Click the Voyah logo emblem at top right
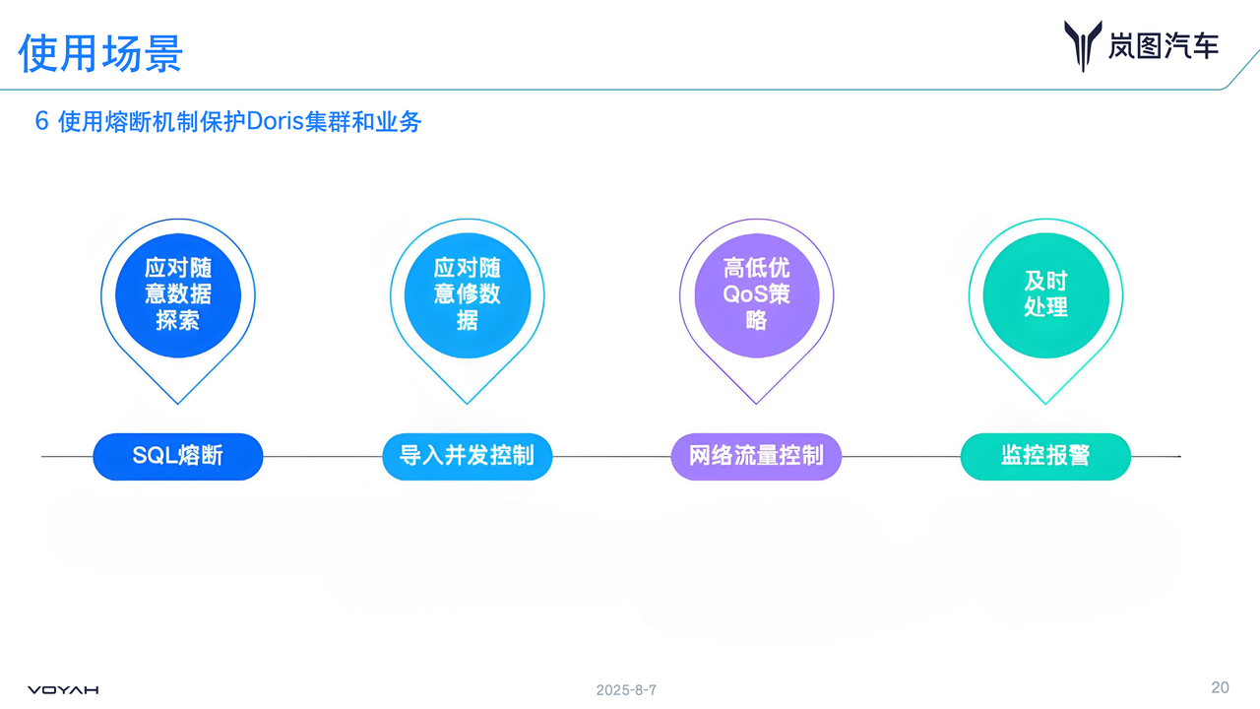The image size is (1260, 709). coord(1082,45)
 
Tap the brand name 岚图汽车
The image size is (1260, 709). coord(1163,45)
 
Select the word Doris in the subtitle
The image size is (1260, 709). coord(273,122)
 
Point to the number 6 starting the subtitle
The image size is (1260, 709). coord(41,122)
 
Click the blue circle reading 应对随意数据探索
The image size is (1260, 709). coord(178,293)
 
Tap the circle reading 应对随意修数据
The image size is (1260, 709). coord(468,293)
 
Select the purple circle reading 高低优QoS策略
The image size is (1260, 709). coord(756,293)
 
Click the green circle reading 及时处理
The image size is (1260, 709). coord(1045,293)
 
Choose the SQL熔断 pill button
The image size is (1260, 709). coord(178,456)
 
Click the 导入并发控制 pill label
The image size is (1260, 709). coord(468,456)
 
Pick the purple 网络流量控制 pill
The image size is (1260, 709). coord(756,456)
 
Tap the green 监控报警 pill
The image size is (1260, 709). coord(1045,456)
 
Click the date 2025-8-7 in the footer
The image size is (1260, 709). coord(626,690)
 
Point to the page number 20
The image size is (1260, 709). coord(1220,687)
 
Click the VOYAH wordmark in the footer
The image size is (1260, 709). coord(63,690)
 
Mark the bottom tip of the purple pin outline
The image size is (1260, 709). coord(756,403)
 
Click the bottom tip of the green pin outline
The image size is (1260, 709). coord(1045,403)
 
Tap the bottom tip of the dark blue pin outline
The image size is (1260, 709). coord(178,403)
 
